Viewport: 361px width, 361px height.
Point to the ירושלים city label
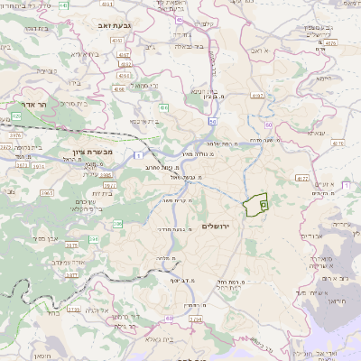[x=218, y=225]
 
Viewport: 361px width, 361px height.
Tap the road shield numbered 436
[x=164, y=108]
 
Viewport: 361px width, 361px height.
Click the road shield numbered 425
[x=16, y=116]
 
